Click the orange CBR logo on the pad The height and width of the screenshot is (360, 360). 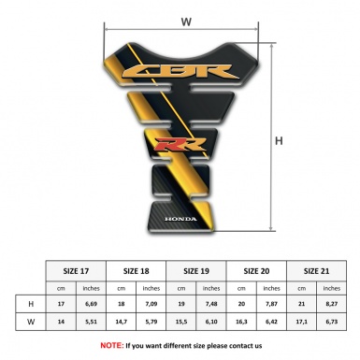pyautogui.click(x=186, y=73)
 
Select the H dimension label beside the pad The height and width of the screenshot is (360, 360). pyautogui.click(x=279, y=142)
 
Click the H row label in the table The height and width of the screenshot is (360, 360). pyautogui.click(x=31, y=304)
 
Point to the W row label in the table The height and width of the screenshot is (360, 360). pyautogui.click(x=31, y=323)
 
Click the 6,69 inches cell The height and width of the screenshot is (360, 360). pyautogui.click(x=92, y=304)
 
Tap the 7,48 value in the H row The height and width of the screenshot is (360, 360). pyautogui.click(x=212, y=304)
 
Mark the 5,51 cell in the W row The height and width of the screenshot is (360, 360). pyautogui.click(x=92, y=323)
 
